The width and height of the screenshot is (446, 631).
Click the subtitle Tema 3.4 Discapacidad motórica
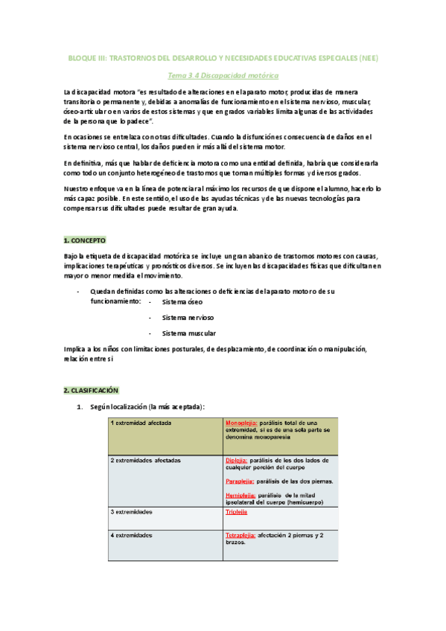(223, 75)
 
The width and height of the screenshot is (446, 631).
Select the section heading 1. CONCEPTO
(85, 240)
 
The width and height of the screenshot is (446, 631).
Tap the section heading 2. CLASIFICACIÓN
(91, 390)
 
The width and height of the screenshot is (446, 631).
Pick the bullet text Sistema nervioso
(186, 318)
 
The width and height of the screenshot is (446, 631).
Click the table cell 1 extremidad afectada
(141, 423)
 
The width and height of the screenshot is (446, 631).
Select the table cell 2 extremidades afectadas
(146, 461)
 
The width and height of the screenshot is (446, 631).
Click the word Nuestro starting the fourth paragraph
(80, 189)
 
